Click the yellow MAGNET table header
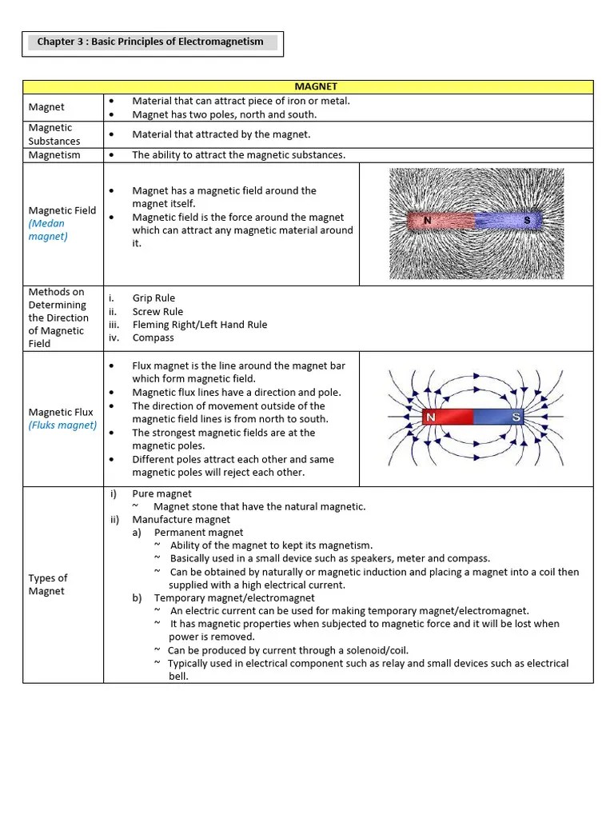pyautogui.click(x=316, y=86)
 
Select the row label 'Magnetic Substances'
pyautogui.click(x=54, y=134)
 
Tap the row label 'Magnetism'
pyautogui.click(x=54, y=155)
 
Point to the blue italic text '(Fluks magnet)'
pyautogui.click(x=62, y=425)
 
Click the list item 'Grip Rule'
pyautogui.click(x=153, y=298)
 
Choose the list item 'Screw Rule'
pyautogui.click(x=157, y=312)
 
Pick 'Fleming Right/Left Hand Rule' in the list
pyautogui.click(x=200, y=325)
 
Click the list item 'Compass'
pyautogui.click(x=153, y=338)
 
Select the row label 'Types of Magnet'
pyautogui.click(x=48, y=585)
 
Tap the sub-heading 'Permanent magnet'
pyautogui.click(x=199, y=533)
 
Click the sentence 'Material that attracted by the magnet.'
pyautogui.click(x=221, y=134)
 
